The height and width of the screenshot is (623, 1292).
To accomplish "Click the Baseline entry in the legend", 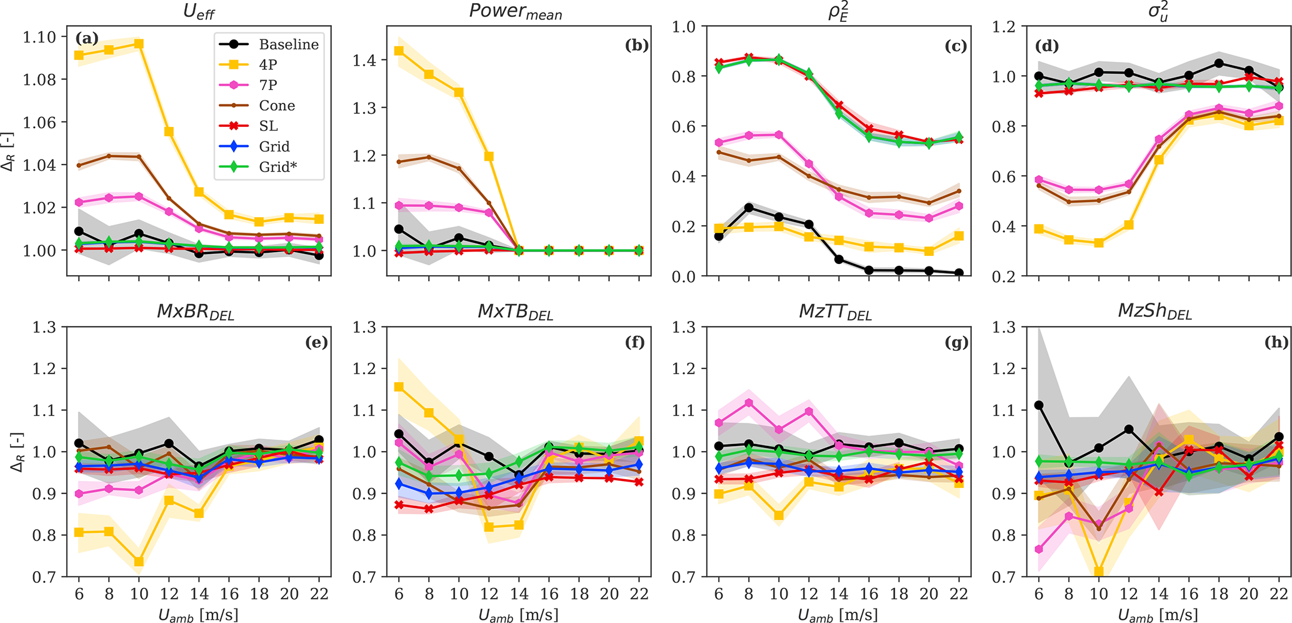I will pos(288,44).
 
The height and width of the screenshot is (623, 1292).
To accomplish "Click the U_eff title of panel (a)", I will pos(199,12).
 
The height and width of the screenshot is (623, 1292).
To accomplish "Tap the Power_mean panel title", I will pos(516,12).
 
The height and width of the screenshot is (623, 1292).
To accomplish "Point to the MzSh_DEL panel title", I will pos(1154,311).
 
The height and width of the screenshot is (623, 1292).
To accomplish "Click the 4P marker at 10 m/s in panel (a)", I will pos(139,44).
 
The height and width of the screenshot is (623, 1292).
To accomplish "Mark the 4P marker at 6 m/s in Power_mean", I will pos(399,51).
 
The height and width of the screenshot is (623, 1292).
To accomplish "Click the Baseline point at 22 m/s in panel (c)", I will pos(959,273).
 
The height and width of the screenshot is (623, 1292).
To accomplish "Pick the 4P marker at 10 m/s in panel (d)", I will pos(1099,243).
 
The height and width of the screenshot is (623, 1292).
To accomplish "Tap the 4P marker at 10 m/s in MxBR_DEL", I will pos(139,562).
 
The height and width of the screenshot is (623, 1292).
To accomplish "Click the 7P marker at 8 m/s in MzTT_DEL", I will pos(749,403).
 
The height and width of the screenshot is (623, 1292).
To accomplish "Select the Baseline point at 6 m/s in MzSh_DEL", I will pos(1039,405).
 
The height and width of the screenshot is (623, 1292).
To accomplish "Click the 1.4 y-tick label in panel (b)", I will pos(366,61).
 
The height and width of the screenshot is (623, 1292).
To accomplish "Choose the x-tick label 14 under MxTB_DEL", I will pos(519,594).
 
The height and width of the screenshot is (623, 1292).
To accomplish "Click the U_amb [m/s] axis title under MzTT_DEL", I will pos(838,615).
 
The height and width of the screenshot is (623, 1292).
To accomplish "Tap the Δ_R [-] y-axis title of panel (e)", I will pos(9,452).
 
